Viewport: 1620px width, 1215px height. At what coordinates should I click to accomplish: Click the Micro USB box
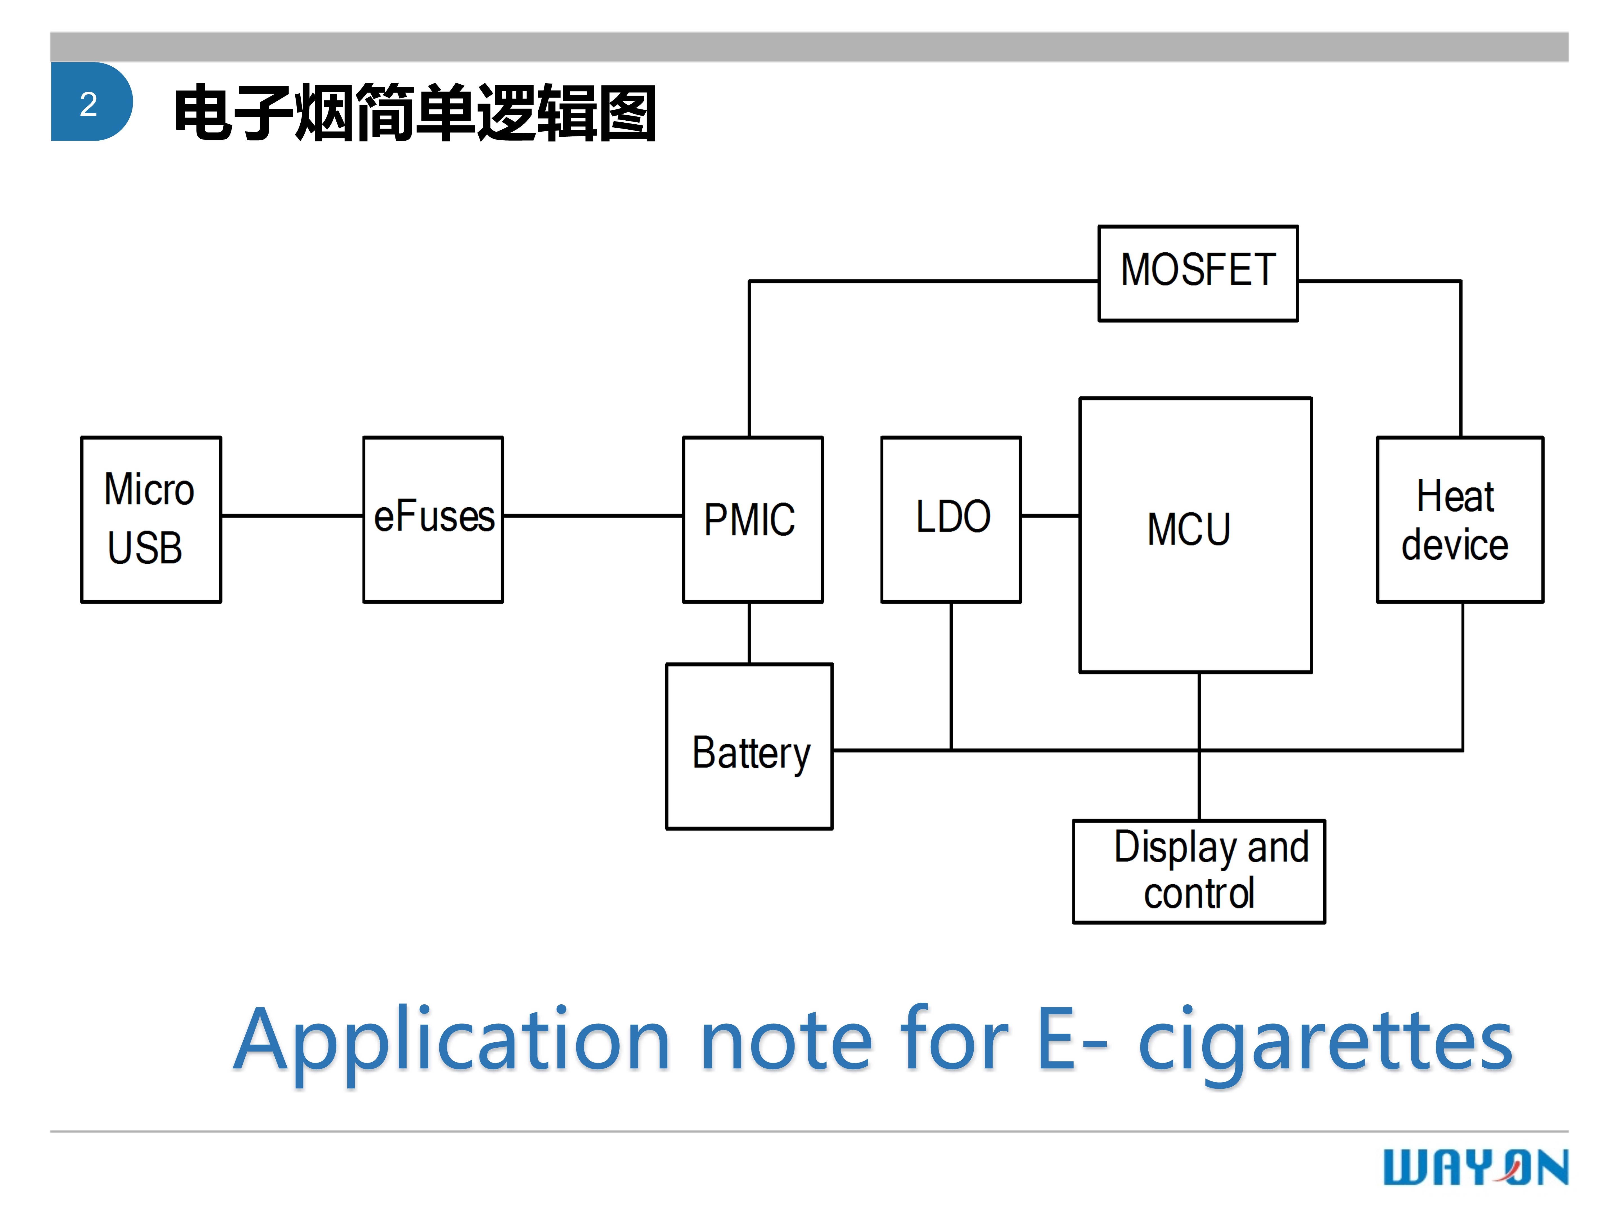coord(151,519)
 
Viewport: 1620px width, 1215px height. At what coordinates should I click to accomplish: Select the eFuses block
coord(433,519)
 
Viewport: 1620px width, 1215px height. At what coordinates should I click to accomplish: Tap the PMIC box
coord(752,519)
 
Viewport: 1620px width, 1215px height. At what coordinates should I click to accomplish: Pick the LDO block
coord(951,519)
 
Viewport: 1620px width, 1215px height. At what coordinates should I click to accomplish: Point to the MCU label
coord(1189,530)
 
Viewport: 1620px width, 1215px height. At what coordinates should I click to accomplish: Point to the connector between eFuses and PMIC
coord(593,516)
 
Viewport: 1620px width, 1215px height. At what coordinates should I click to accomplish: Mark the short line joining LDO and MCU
coord(1050,516)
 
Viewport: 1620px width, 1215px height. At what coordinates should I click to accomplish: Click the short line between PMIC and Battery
coord(749,633)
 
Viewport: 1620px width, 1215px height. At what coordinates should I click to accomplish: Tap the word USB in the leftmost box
coord(145,548)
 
